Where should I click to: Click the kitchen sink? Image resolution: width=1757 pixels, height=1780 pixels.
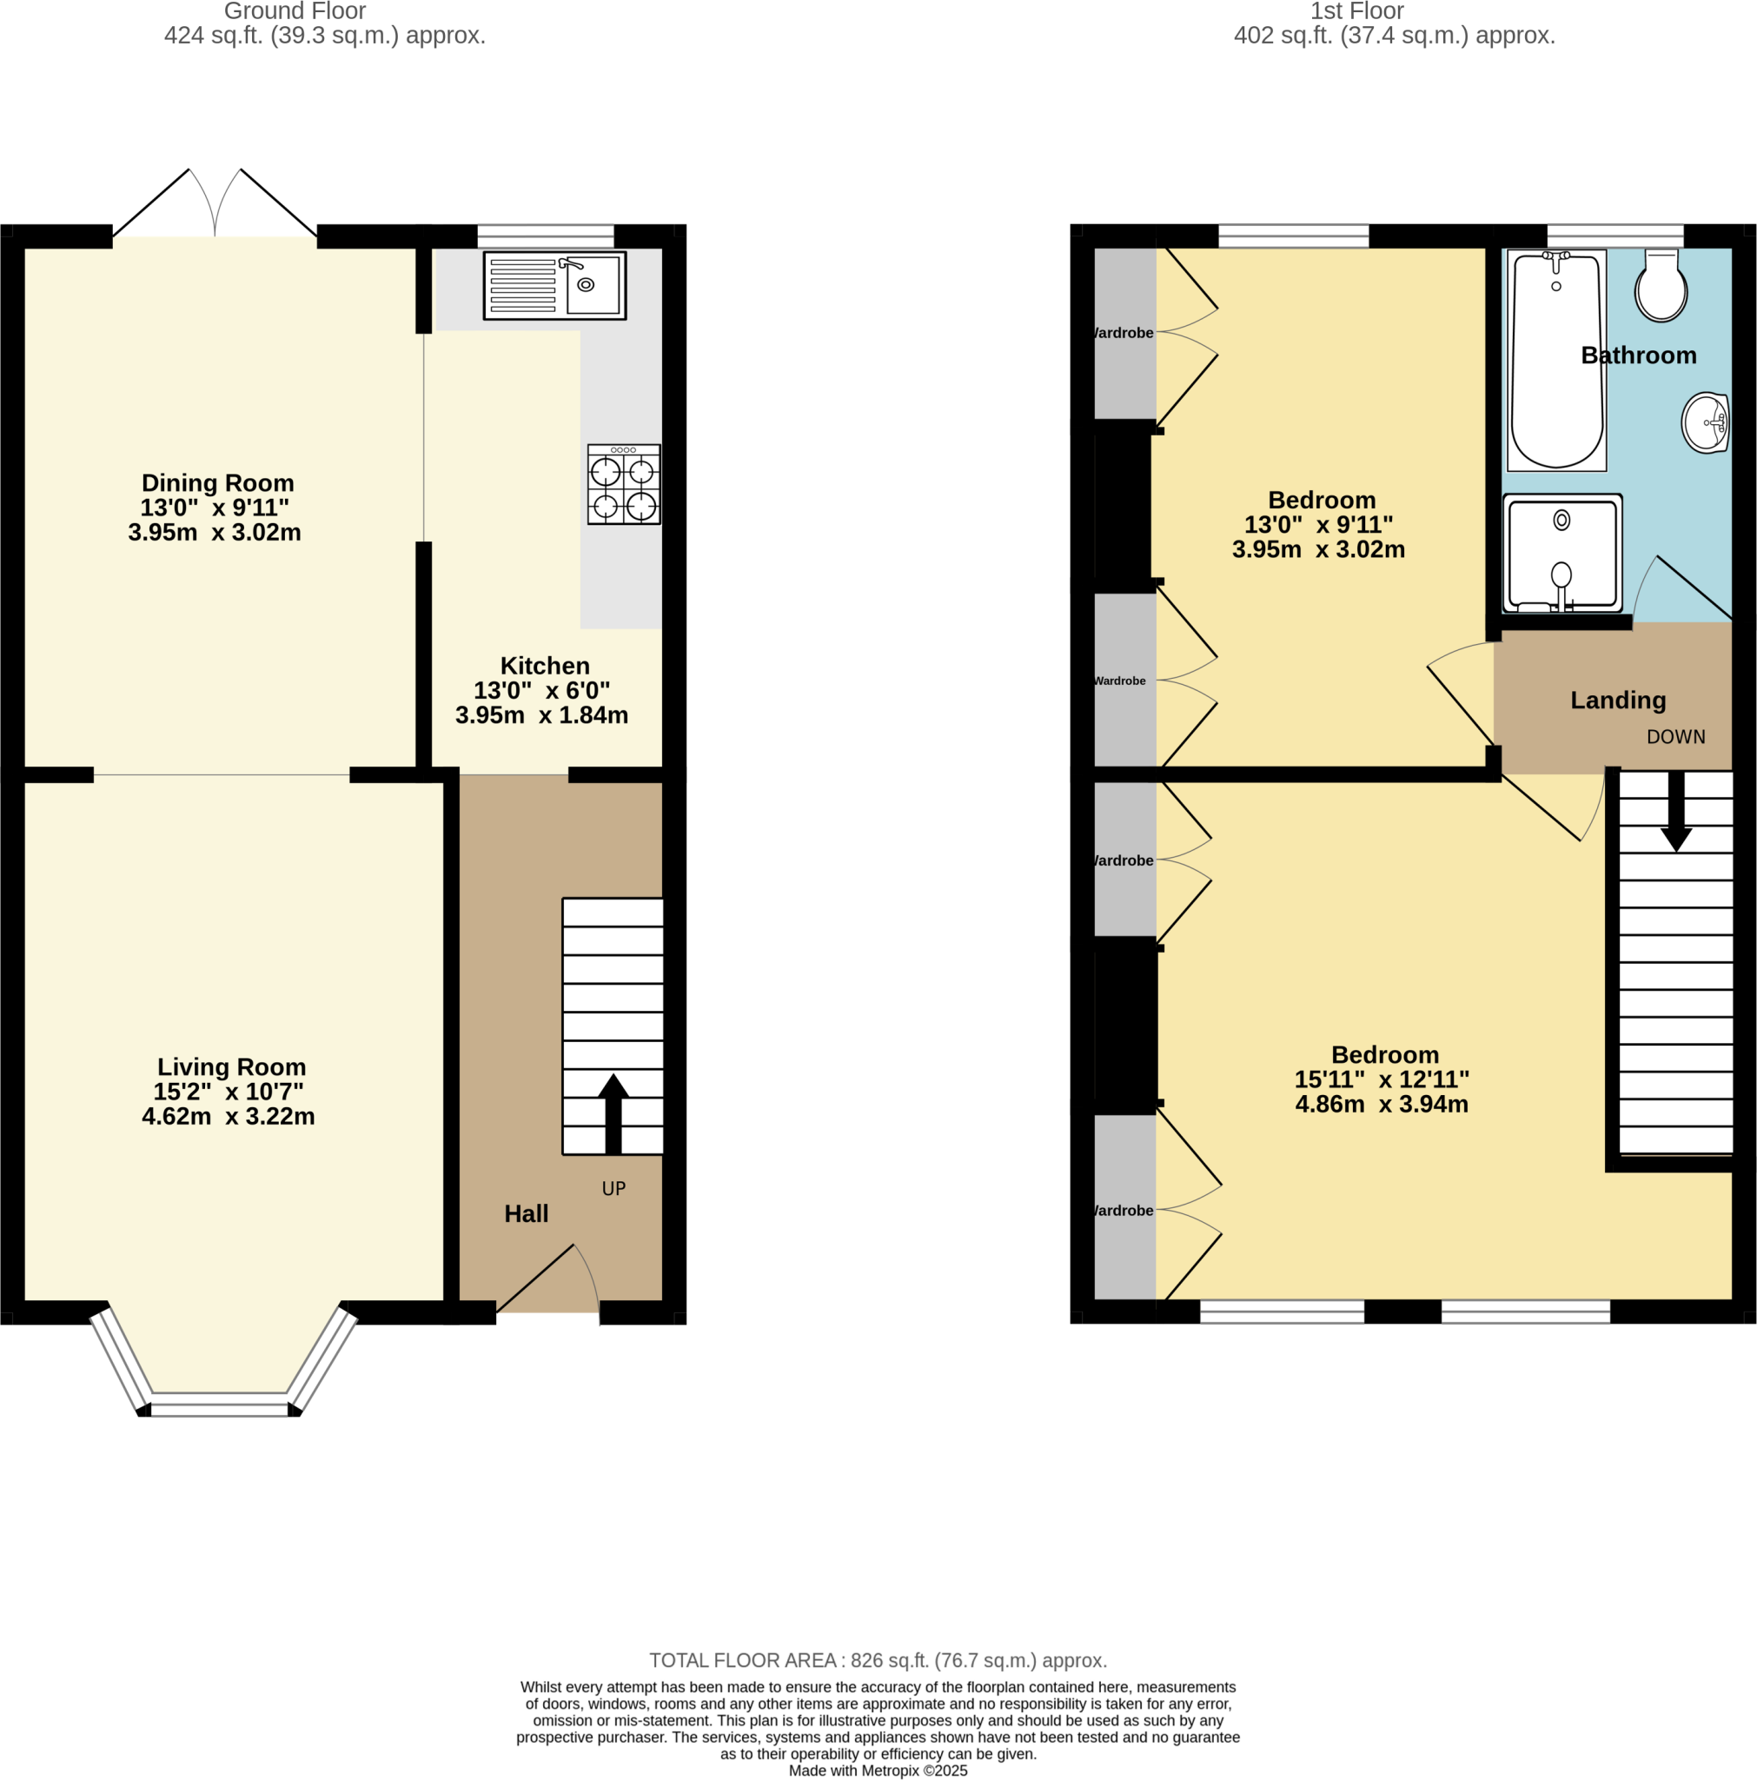point(554,286)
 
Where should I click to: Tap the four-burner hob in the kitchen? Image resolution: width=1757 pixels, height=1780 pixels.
point(624,485)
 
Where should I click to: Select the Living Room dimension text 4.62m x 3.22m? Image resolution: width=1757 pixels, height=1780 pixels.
point(229,1116)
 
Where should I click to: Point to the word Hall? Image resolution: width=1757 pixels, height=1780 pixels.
point(526,1213)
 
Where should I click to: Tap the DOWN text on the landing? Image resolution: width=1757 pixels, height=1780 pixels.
point(1675,737)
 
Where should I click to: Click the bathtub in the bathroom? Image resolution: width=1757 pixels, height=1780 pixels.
point(1556,362)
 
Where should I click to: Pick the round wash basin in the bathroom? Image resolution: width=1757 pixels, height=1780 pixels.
point(1705,423)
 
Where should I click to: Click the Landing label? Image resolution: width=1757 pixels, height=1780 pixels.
point(1618,701)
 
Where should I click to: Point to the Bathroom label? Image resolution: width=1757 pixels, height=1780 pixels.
point(1638,355)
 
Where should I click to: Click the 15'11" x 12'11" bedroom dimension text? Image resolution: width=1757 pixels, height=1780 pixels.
point(1381,1079)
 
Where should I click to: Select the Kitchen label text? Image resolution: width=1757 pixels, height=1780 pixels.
point(545,665)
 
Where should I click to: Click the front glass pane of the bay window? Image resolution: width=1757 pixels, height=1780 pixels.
point(219,1410)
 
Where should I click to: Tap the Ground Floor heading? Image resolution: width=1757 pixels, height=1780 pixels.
point(295,11)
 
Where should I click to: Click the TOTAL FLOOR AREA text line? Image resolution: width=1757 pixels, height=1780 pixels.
point(877,1660)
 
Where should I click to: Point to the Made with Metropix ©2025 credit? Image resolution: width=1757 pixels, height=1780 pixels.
point(877,1770)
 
